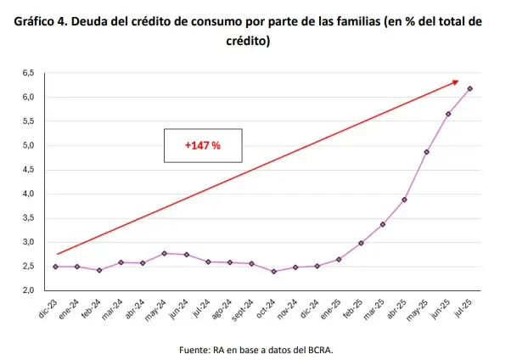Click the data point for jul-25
pos(470,88)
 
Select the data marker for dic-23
pos(56,267)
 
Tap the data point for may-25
pos(427,152)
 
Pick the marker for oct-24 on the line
pos(274,272)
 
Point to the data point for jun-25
pos(448,114)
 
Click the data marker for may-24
pos(165,253)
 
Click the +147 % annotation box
pos(203,145)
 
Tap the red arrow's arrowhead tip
pos(458,82)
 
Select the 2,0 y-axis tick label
pos(28,290)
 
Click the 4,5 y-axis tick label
pos(28,170)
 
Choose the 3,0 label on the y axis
pos(28,242)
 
